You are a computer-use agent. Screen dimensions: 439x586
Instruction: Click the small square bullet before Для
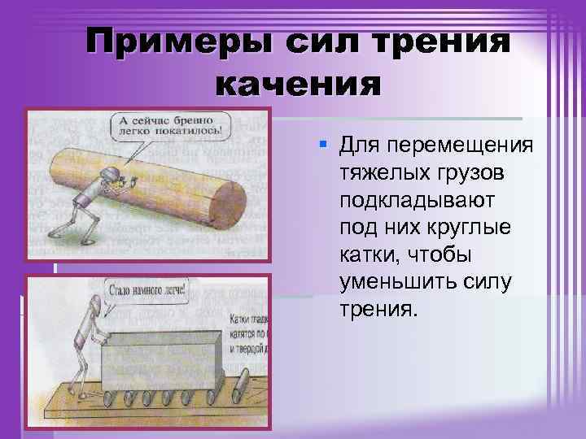click(x=323, y=144)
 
